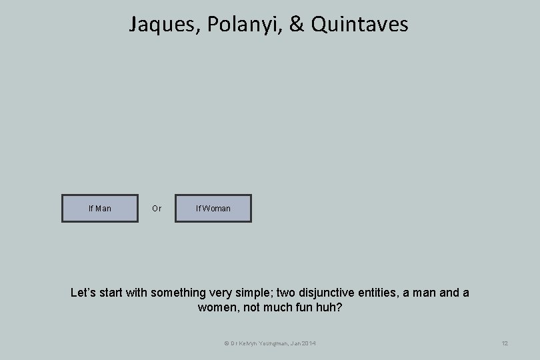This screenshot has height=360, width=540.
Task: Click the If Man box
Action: (100, 209)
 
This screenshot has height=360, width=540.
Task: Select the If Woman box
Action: (213, 209)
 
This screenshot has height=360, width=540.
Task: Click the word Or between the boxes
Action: (157, 209)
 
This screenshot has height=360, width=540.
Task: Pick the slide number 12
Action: (505, 343)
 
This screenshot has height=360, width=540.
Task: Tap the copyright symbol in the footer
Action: (226, 343)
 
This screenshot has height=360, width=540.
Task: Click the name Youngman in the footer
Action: (273, 343)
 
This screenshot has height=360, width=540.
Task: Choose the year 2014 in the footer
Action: (309, 343)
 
